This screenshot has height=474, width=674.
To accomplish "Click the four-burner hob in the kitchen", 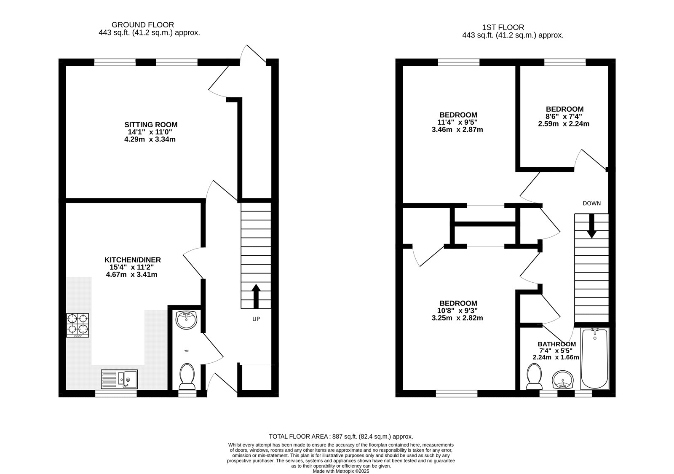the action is pos(78,325).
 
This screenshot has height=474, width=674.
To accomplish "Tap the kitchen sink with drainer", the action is pos(119,379).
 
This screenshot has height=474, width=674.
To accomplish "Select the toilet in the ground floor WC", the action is pos(187,377).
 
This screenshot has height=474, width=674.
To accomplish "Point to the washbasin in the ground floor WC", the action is pos(187,320).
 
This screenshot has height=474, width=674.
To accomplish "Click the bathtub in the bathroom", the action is pos(594,359).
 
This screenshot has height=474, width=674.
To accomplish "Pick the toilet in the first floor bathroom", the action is pos(535,377).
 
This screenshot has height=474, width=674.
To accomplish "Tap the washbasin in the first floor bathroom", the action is pos(563,380).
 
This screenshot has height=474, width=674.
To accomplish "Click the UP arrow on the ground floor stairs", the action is pos(256,296).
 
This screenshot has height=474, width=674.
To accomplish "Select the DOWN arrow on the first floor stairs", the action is pos(591,226).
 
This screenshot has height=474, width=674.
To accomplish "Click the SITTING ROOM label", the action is pos(151,125).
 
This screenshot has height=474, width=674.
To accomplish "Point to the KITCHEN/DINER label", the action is pos(133,260).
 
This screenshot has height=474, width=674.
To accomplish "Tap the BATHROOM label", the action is pos(556,344).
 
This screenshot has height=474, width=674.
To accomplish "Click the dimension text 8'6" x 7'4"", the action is pos(564,116).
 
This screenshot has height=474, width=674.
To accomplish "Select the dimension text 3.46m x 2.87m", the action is pos(457,130).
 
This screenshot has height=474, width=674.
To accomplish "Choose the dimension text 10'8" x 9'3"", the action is pos(457,311).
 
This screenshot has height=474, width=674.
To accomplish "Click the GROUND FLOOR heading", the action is pos(143,25).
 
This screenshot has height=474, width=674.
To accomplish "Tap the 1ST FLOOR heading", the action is pos(503,27).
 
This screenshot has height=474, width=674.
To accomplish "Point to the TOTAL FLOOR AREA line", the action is pos(341,437).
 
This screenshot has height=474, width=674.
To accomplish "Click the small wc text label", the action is pos(187,351).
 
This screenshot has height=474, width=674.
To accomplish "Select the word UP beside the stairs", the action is pos(256,319).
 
